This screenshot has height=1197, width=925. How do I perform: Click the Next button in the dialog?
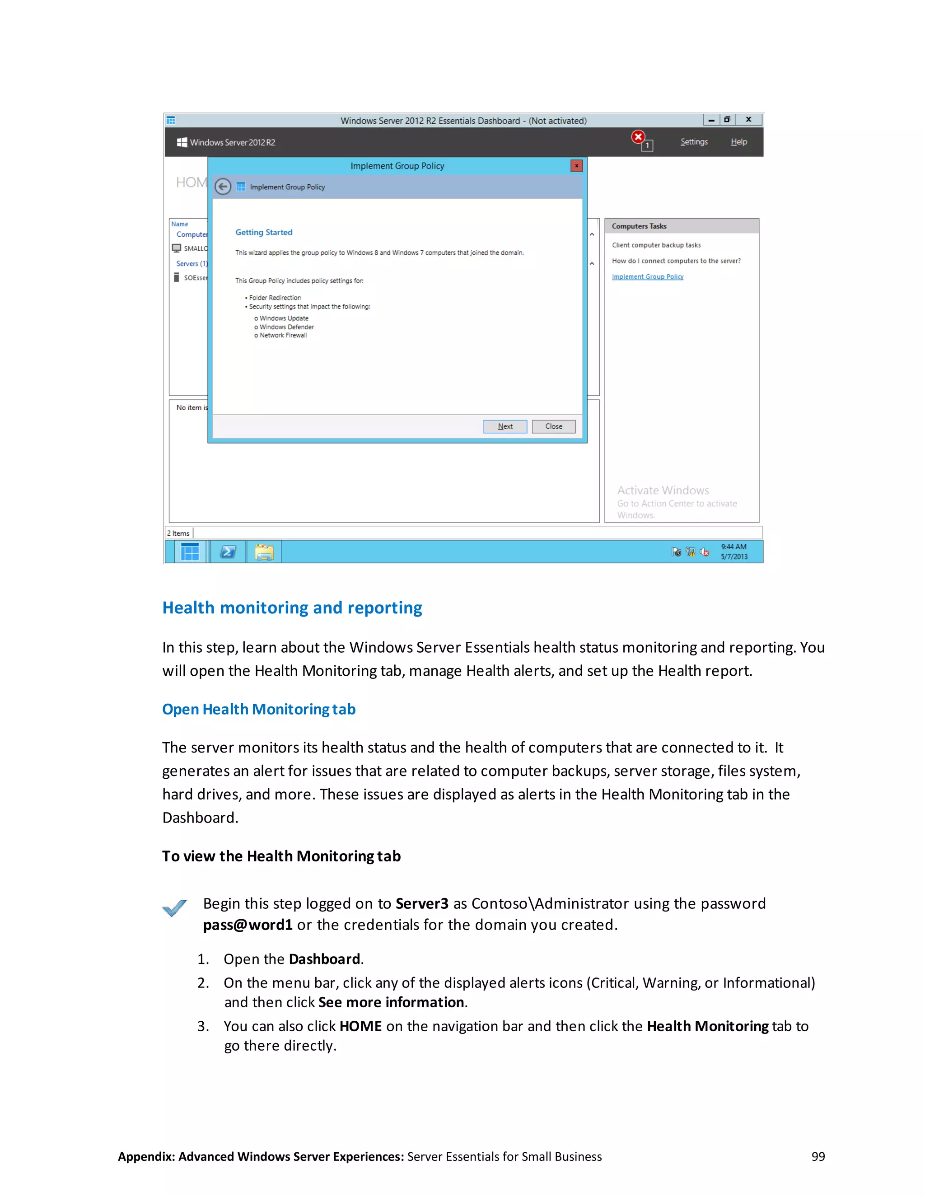point(505,426)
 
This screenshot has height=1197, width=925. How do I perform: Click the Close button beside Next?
point(553,426)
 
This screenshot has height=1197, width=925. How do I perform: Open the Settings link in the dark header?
point(694,142)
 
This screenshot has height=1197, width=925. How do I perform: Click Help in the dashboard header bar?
point(738,142)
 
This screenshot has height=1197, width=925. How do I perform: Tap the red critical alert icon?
point(638,137)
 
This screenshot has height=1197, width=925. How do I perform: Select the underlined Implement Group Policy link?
point(647,277)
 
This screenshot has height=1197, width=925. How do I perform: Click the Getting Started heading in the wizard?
point(264,232)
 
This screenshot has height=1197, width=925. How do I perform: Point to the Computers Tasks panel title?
point(639,226)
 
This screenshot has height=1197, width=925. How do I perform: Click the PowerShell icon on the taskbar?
point(228,552)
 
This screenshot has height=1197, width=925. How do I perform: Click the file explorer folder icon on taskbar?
point(264,552)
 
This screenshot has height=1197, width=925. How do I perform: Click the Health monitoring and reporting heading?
point(292,608)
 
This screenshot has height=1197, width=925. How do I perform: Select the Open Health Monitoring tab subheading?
point(259,709)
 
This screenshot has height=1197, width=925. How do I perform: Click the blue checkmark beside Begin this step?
point(175,908)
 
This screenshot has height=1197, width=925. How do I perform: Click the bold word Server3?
point(421,904)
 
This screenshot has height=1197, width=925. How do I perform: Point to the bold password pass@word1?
point(248,925)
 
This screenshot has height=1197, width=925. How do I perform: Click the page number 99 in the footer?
point(818,1156)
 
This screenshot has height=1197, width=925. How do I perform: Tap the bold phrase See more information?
point(391,1002)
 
